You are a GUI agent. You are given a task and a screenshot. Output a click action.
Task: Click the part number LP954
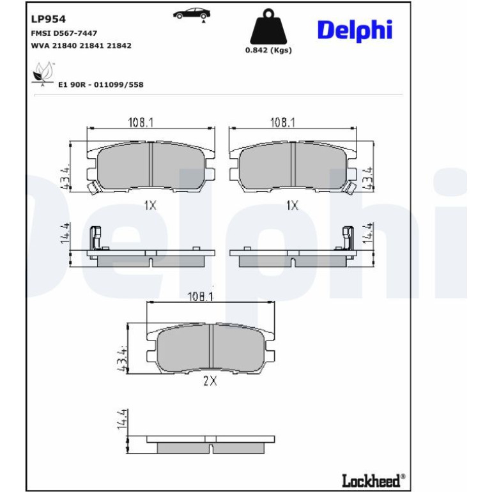pyautogui.click(x=49, y=19)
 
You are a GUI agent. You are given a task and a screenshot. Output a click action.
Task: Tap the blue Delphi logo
pyautogui.click(x=355, y=31)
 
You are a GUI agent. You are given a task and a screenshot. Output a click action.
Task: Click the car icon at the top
pyautogui.click(x=192, y=15)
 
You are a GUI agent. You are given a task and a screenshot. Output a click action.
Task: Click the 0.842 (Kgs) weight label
pyautogui.click(x=268, y=50)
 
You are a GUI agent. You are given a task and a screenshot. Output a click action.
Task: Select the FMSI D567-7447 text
pyautogui.click(x=64, y=33)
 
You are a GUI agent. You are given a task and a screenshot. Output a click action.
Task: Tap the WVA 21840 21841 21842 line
pyautogui.click(x=81, y=45)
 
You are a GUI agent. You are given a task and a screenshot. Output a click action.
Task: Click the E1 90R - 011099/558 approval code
pyautogui.click(x=101, y=84)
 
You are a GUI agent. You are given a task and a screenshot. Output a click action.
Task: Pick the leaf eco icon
pyautogui.click(x=43, y=74)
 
